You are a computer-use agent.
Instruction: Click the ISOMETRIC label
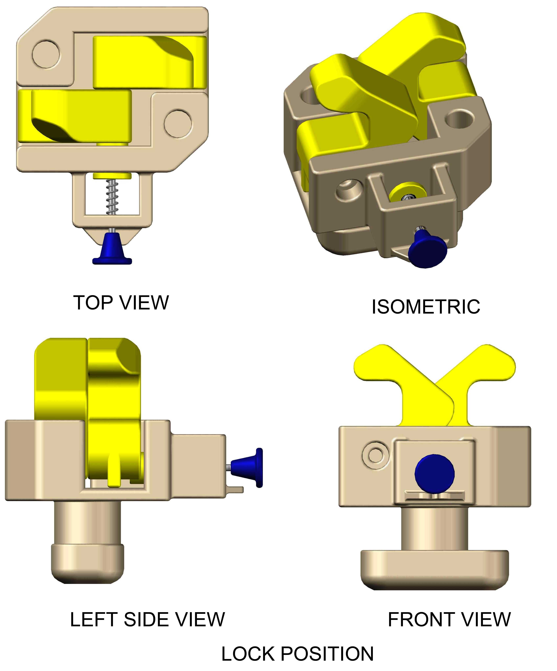426,307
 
